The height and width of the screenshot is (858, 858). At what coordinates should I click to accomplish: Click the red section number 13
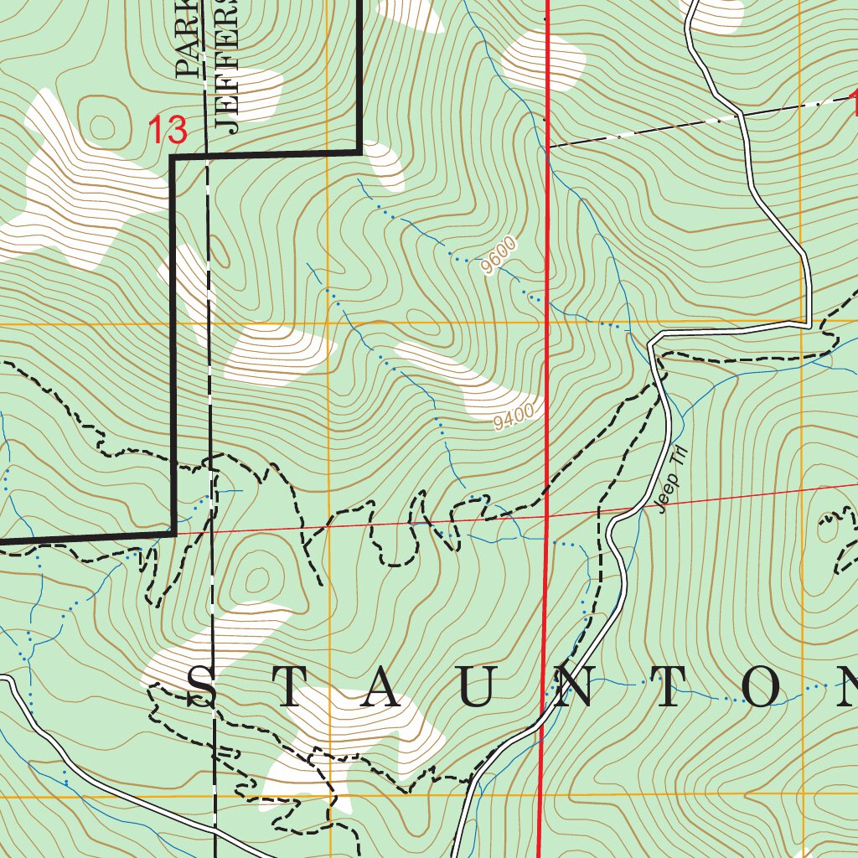click(167, 131)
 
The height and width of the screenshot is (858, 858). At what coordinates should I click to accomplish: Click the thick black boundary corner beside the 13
click(173, 156)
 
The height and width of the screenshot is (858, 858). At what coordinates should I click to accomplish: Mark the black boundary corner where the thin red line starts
click(173, 532)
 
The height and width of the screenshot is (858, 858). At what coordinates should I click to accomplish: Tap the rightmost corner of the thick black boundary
click(360, 152)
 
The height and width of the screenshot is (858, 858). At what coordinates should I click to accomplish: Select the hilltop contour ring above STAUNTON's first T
click(256, 578)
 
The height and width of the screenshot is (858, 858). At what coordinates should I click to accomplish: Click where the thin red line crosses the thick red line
click(546, 516)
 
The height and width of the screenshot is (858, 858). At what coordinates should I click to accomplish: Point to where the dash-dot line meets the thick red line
click(546, 147)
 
